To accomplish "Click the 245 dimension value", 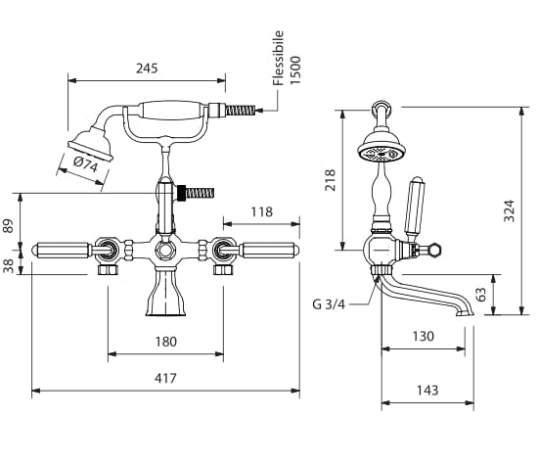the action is pos(147,68).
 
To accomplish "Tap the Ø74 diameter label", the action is pos(85,164).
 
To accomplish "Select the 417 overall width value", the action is pos(165,378).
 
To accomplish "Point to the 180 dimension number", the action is pos(166,342).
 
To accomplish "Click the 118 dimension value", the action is pos(262,211).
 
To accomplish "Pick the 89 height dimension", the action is pos(8,226).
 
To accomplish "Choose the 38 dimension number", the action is pos(8,266).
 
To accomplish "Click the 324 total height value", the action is pos(510,210).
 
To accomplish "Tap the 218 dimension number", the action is pos(330,180).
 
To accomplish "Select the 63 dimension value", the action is pos(481,295).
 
